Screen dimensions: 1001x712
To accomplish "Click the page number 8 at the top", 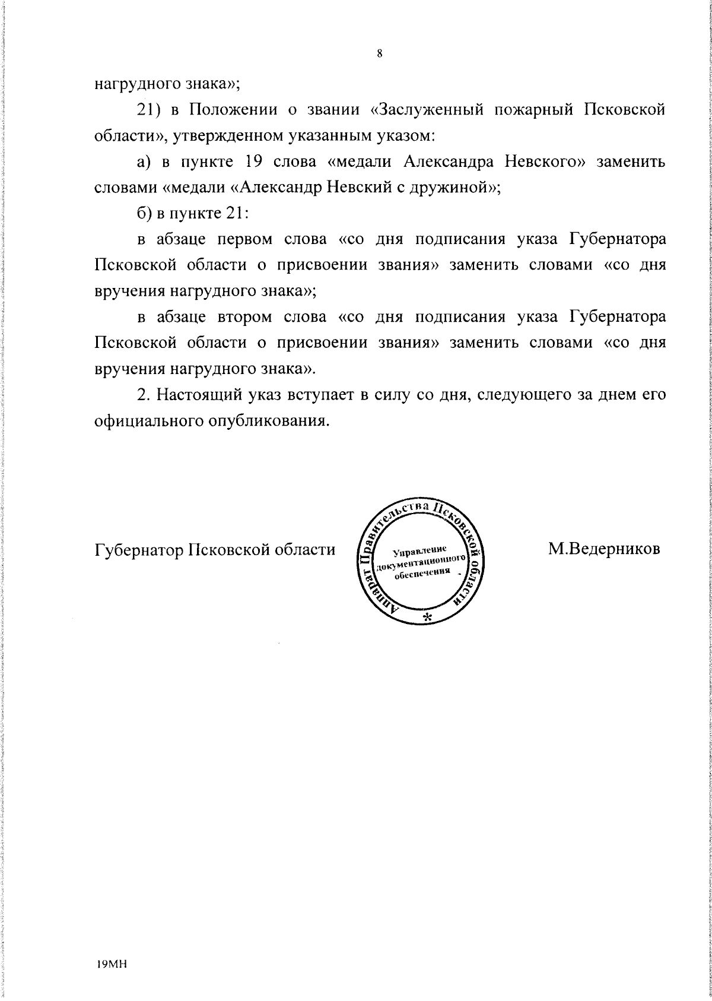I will point(379,54).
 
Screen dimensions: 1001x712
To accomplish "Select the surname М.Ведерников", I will point(604,548).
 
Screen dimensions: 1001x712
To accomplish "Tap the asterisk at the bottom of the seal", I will point(427,617).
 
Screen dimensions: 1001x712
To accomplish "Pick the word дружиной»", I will point(457,188).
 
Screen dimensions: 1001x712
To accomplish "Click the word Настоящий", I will point(202,394).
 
